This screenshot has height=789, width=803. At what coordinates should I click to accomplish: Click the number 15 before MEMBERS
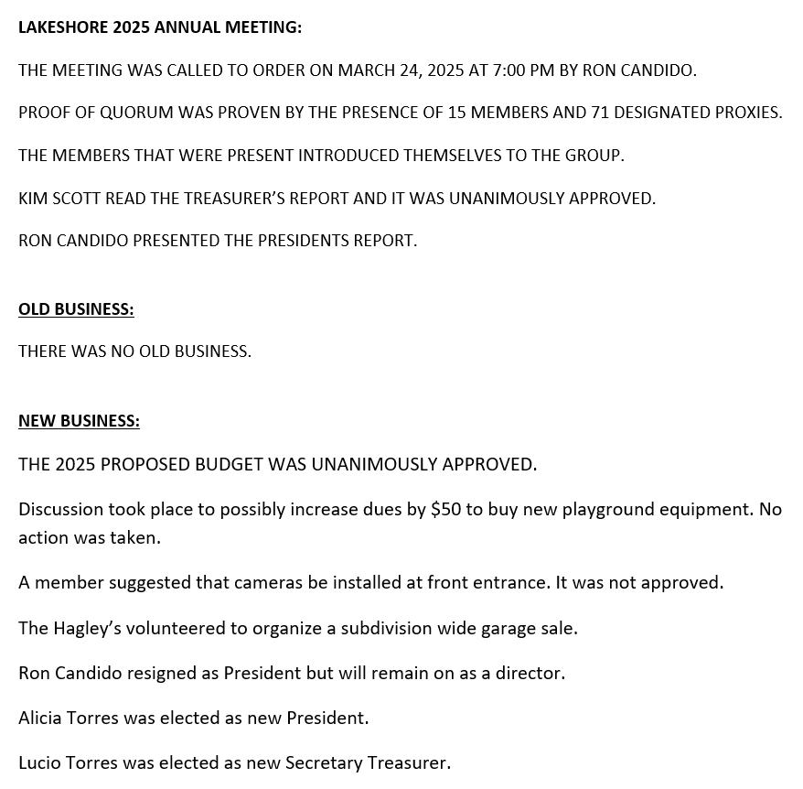tap(459, 113)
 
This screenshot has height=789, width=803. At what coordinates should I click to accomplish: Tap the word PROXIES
tap(747, 113)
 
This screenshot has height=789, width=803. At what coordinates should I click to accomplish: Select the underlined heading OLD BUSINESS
tap(76, 309)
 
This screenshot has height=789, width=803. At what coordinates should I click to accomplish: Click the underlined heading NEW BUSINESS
tap(79, 421)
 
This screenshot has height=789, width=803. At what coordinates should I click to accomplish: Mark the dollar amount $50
tap(444, 509)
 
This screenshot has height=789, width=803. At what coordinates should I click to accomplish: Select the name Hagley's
tap(88, 628)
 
